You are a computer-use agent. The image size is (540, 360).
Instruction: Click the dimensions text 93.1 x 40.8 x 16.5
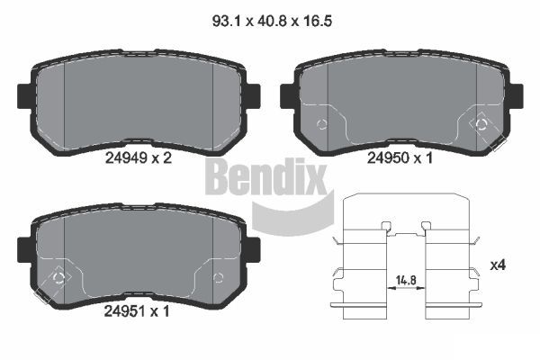272,22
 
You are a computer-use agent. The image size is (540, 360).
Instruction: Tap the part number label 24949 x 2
138,158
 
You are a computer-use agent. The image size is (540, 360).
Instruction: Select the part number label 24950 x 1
400,158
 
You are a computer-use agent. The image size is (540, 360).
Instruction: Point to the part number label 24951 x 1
137,311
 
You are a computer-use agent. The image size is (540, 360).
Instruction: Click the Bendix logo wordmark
265,176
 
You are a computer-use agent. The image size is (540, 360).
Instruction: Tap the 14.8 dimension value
406,280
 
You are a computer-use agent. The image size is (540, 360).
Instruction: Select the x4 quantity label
498,265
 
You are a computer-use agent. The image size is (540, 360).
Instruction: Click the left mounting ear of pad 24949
24,96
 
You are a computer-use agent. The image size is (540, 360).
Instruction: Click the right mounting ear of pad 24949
254,96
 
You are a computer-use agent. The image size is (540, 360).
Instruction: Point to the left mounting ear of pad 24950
287,96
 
